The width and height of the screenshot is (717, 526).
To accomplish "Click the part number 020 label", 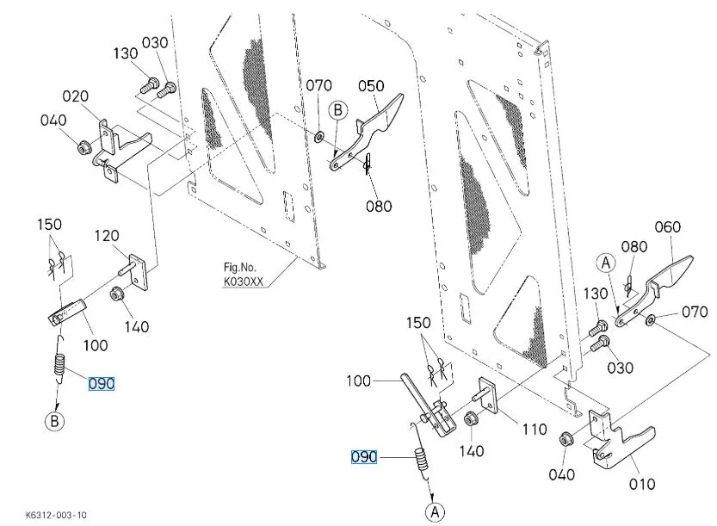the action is tap(76, 96).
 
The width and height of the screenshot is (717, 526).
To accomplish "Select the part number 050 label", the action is tap(371, 86).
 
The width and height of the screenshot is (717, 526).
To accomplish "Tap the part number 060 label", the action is tap(667, 227).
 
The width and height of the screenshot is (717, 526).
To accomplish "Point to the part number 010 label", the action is tap(642, 484).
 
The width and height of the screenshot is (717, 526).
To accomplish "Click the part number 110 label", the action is tap(535, 430).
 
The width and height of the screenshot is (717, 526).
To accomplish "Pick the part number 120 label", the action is tap(107, 236).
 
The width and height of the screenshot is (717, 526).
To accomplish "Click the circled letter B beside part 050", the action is tap(338, 110).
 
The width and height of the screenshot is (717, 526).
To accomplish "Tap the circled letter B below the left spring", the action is tap(54, 421).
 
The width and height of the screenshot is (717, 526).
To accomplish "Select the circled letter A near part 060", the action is tap(606, 263).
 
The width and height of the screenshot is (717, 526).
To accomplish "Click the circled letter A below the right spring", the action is tap(435, 512).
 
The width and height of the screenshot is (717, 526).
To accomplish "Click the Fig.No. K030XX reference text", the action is tap(244, 275).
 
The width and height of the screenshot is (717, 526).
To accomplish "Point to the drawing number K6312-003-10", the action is tap(56, 515).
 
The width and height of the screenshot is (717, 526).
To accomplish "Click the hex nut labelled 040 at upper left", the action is tap(84, 148).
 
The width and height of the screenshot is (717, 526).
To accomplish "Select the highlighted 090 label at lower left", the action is tap(102, 384).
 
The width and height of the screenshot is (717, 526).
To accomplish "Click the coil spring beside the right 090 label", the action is tap(422, 459).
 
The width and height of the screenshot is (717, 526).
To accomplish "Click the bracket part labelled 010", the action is tap(617, 439).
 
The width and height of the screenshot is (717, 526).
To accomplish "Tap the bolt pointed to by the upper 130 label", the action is tap(150, 86).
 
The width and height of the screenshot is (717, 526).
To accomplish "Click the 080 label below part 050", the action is tap(379, 207).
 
